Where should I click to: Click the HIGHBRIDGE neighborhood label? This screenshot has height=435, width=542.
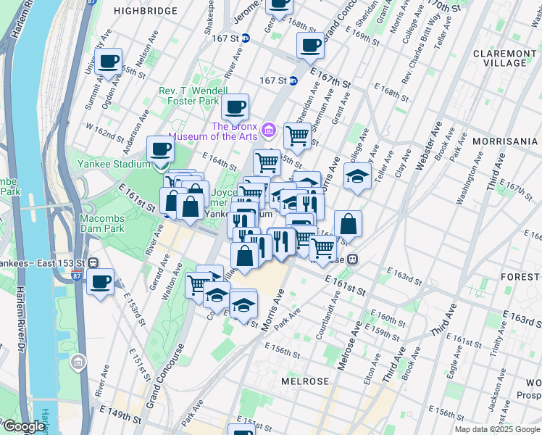coord(146,11)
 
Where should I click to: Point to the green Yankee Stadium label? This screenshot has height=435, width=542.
coord(114,164)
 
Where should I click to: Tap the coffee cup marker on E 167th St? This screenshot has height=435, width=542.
coord(310,45)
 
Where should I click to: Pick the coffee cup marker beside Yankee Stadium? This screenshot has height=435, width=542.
coord(160,149)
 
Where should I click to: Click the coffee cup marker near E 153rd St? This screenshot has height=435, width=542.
coord(101,282)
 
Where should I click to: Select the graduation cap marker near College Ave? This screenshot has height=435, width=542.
coord(357,176)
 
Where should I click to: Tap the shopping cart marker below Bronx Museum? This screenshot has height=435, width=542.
coord(297,135)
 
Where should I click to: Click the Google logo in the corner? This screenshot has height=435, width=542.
coord(23,426)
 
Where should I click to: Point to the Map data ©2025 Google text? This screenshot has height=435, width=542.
coord(497,429)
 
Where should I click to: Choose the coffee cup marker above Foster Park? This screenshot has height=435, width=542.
coord(235,107)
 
